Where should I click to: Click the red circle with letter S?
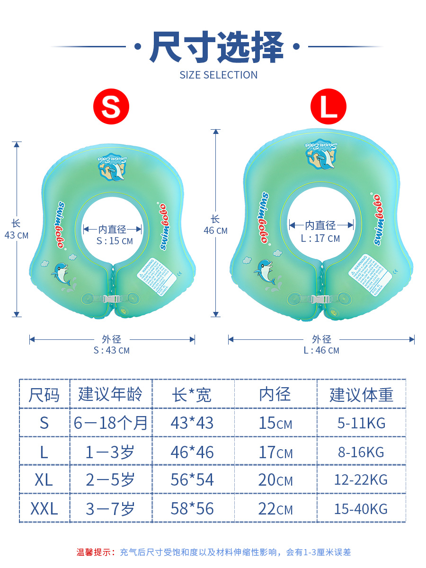(111, 106)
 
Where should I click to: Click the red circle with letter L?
(328, 106)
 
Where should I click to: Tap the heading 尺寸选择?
(217, 47)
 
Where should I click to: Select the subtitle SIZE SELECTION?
(218, 75)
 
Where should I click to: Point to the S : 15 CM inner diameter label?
(115, 241)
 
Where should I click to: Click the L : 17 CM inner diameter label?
(320, 238)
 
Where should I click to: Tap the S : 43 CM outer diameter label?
(112, 351)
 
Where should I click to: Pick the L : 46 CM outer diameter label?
(321, 351)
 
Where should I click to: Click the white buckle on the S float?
(112, 299)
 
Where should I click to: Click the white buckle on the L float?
(320, 300)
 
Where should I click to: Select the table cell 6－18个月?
(111, 423)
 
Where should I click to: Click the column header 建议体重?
(361, 394)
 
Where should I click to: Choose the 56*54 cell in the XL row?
(192, 480)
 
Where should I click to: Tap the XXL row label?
(44, 509)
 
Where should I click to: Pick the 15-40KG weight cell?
(361, 509)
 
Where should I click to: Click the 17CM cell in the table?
(275, 452)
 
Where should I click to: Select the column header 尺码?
(44, 394)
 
